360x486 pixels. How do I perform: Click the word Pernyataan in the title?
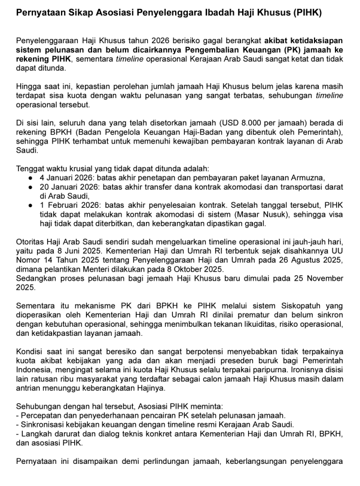coord(41,13)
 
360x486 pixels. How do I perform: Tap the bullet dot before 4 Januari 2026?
coord(30,178)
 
